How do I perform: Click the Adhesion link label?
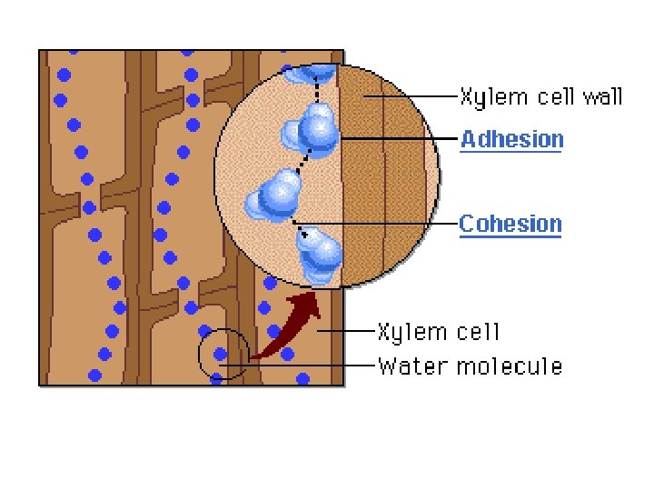tap(511, 139)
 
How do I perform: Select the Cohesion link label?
tap(510, 224)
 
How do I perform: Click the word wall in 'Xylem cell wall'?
tap(601, 95)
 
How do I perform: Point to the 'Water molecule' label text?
tap(470, 366)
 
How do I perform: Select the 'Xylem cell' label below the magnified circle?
tap(438, 332)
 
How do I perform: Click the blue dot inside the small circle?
tap(220, 354)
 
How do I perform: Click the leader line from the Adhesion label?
tap(400, 138)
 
